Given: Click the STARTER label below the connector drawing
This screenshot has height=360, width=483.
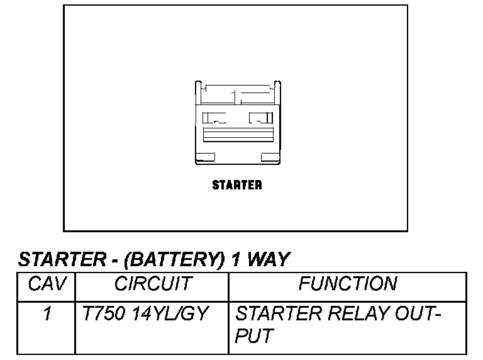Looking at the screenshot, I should tap(236, 185).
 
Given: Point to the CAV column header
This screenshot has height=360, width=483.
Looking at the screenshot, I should tap(48, 285).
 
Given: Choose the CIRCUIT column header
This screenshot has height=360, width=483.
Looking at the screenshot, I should tap(152, 285).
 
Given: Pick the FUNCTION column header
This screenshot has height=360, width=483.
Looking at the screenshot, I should tap(347, 285).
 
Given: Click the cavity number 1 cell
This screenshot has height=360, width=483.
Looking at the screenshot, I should tap(47, 313).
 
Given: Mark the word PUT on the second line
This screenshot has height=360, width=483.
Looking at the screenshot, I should tap(253, 337).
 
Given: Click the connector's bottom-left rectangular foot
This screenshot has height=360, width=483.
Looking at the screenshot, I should tap(205, 157).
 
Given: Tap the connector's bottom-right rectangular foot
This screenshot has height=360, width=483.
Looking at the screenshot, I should tap(269, 157).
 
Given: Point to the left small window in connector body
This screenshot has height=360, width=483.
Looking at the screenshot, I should tap(214, 117).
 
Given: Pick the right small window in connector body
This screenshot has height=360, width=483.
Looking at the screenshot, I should tap(259, 117).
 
